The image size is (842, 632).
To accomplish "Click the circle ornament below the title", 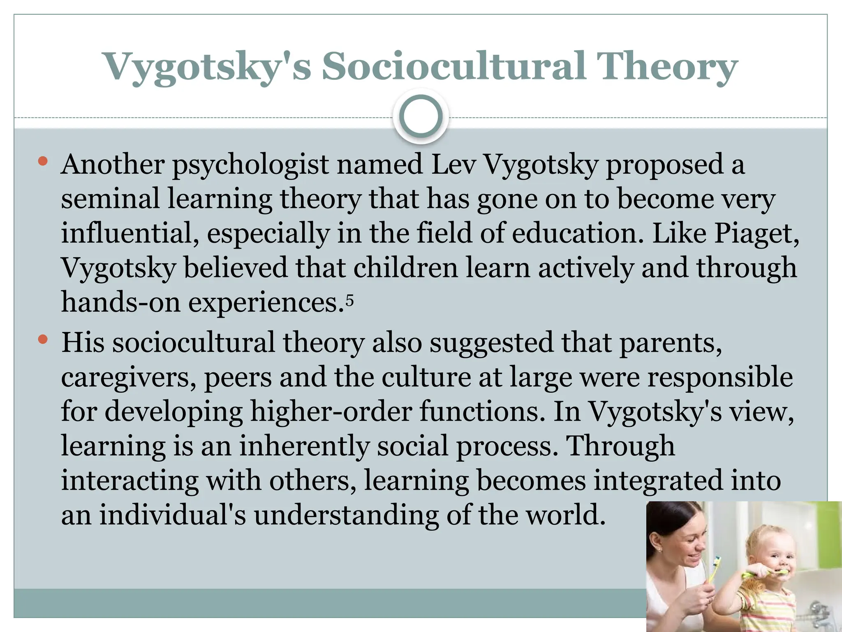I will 421,116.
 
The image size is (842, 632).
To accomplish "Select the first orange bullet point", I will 42,161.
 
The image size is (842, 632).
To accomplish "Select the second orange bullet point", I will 42,339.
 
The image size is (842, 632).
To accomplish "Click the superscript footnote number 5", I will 349,300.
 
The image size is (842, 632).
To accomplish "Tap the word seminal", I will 110,198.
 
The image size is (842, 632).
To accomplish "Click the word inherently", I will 304,446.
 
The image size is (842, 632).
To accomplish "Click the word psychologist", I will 250,165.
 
